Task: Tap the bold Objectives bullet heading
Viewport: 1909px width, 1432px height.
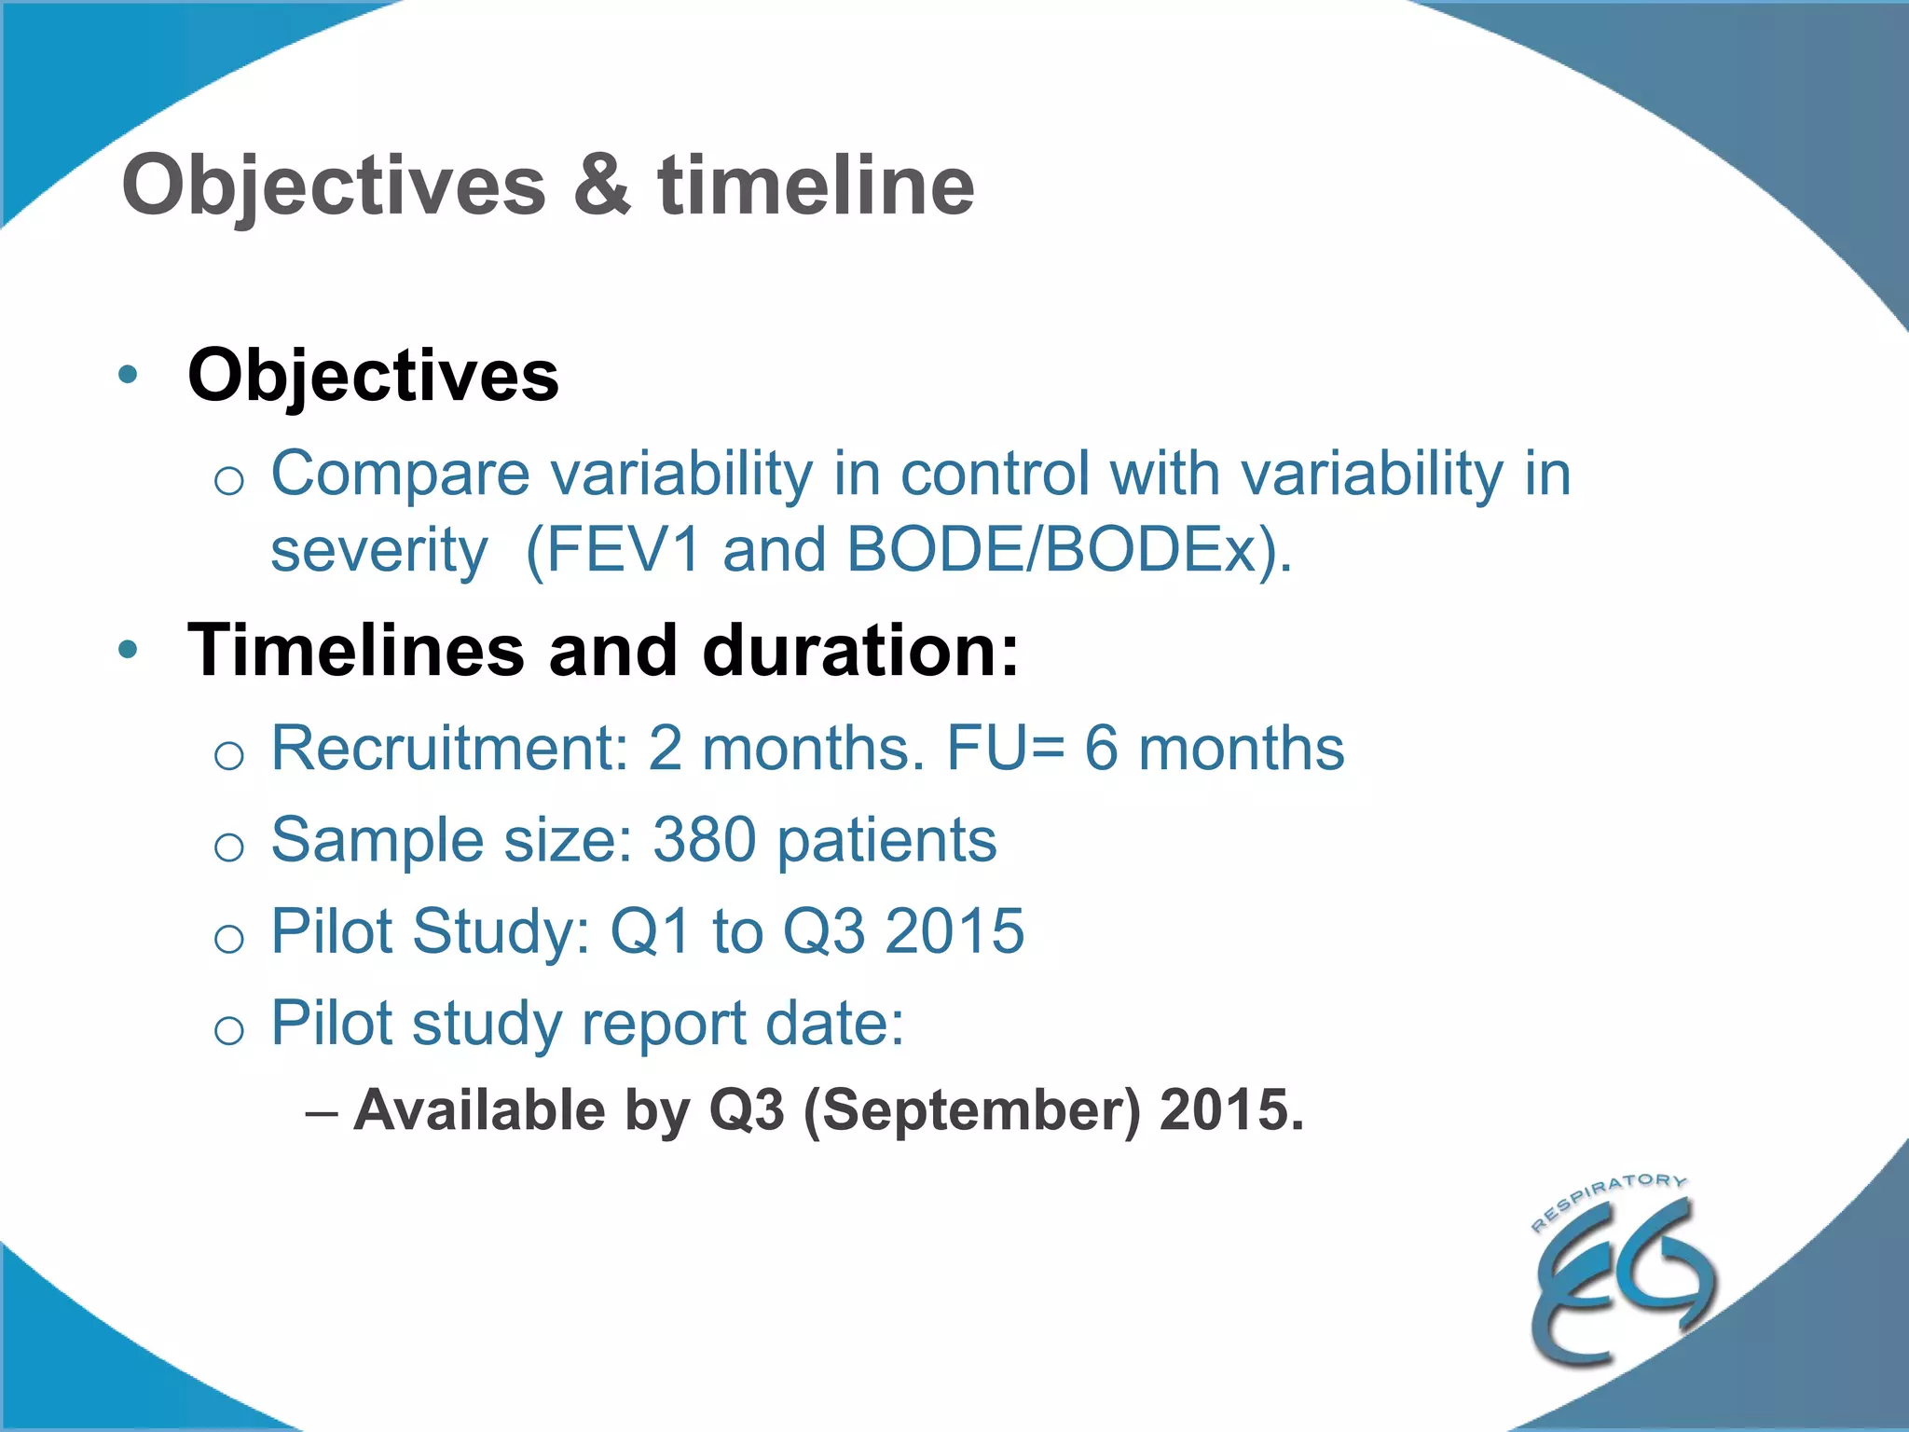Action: (x=373, y=376)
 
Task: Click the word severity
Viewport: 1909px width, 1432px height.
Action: (x=378, y=550)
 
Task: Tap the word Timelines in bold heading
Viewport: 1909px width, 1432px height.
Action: (x=356, y=650)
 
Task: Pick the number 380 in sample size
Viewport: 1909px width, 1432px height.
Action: (x=704, y=840)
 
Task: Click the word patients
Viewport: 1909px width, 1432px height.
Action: (x=886, y=840)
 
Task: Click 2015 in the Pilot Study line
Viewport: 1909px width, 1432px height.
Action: (x=954, y=931)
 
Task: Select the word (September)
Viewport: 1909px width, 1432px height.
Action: (x=970, y=1110)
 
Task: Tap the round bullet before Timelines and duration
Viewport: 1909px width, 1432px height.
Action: (x=129, y=650)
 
